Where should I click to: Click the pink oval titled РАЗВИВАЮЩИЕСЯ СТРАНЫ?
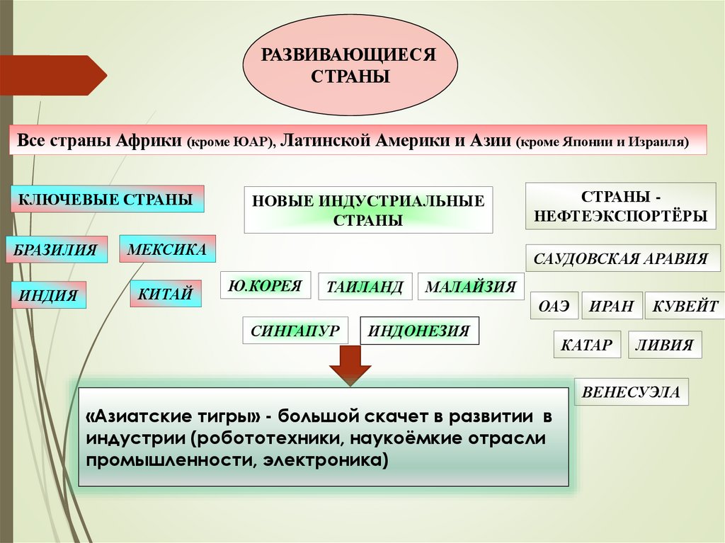coord(350,65)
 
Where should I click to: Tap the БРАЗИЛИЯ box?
coord(57,250)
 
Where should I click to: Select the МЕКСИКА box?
coord(167,248)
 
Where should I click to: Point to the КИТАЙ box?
coord(166,293)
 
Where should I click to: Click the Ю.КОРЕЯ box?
coord(266,287)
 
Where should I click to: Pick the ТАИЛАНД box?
coord(365,287)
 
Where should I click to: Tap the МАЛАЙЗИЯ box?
coord(471,287)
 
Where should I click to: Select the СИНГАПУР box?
coord(295,330)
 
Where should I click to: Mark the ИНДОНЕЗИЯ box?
coord(420,331)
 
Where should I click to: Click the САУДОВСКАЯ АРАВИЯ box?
coord(623,258)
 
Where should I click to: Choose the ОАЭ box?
coord(554,307)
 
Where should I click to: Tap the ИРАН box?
coord(612,307)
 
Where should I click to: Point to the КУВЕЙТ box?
coord(685,307)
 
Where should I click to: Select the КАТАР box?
coord(587,345)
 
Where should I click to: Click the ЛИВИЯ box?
coord(664,345)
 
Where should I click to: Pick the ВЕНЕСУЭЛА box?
coord(631,391)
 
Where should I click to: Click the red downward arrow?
coord(350,364)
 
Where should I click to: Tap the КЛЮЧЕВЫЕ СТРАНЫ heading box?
coord(106,200)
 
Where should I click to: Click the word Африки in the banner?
coord(147,139)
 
